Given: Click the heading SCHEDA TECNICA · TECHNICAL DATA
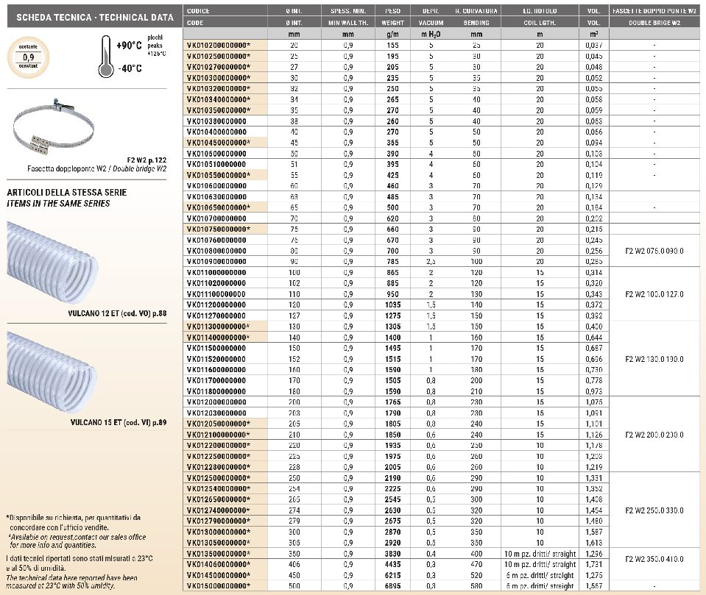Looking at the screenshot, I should [x=90, y=17].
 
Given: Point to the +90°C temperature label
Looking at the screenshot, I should [x=129, y=46].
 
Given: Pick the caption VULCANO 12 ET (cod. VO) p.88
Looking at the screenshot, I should [x=116, y=312].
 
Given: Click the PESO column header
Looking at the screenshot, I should [x=393, y=11].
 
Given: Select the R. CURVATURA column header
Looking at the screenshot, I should [x=476, y=11].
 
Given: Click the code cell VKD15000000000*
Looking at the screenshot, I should [x=219, y=585].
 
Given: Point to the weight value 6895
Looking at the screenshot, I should [x=393, y=585].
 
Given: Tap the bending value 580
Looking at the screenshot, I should [x=476, y=585].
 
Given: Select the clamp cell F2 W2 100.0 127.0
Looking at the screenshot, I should [x=654, y=293].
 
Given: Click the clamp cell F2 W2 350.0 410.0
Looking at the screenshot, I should [x=654, y=558].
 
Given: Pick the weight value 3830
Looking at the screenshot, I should [x=393, y=553].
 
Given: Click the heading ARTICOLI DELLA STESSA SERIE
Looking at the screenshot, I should [x=67, y=193].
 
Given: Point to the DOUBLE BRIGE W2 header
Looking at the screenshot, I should [x=654, y=22].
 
